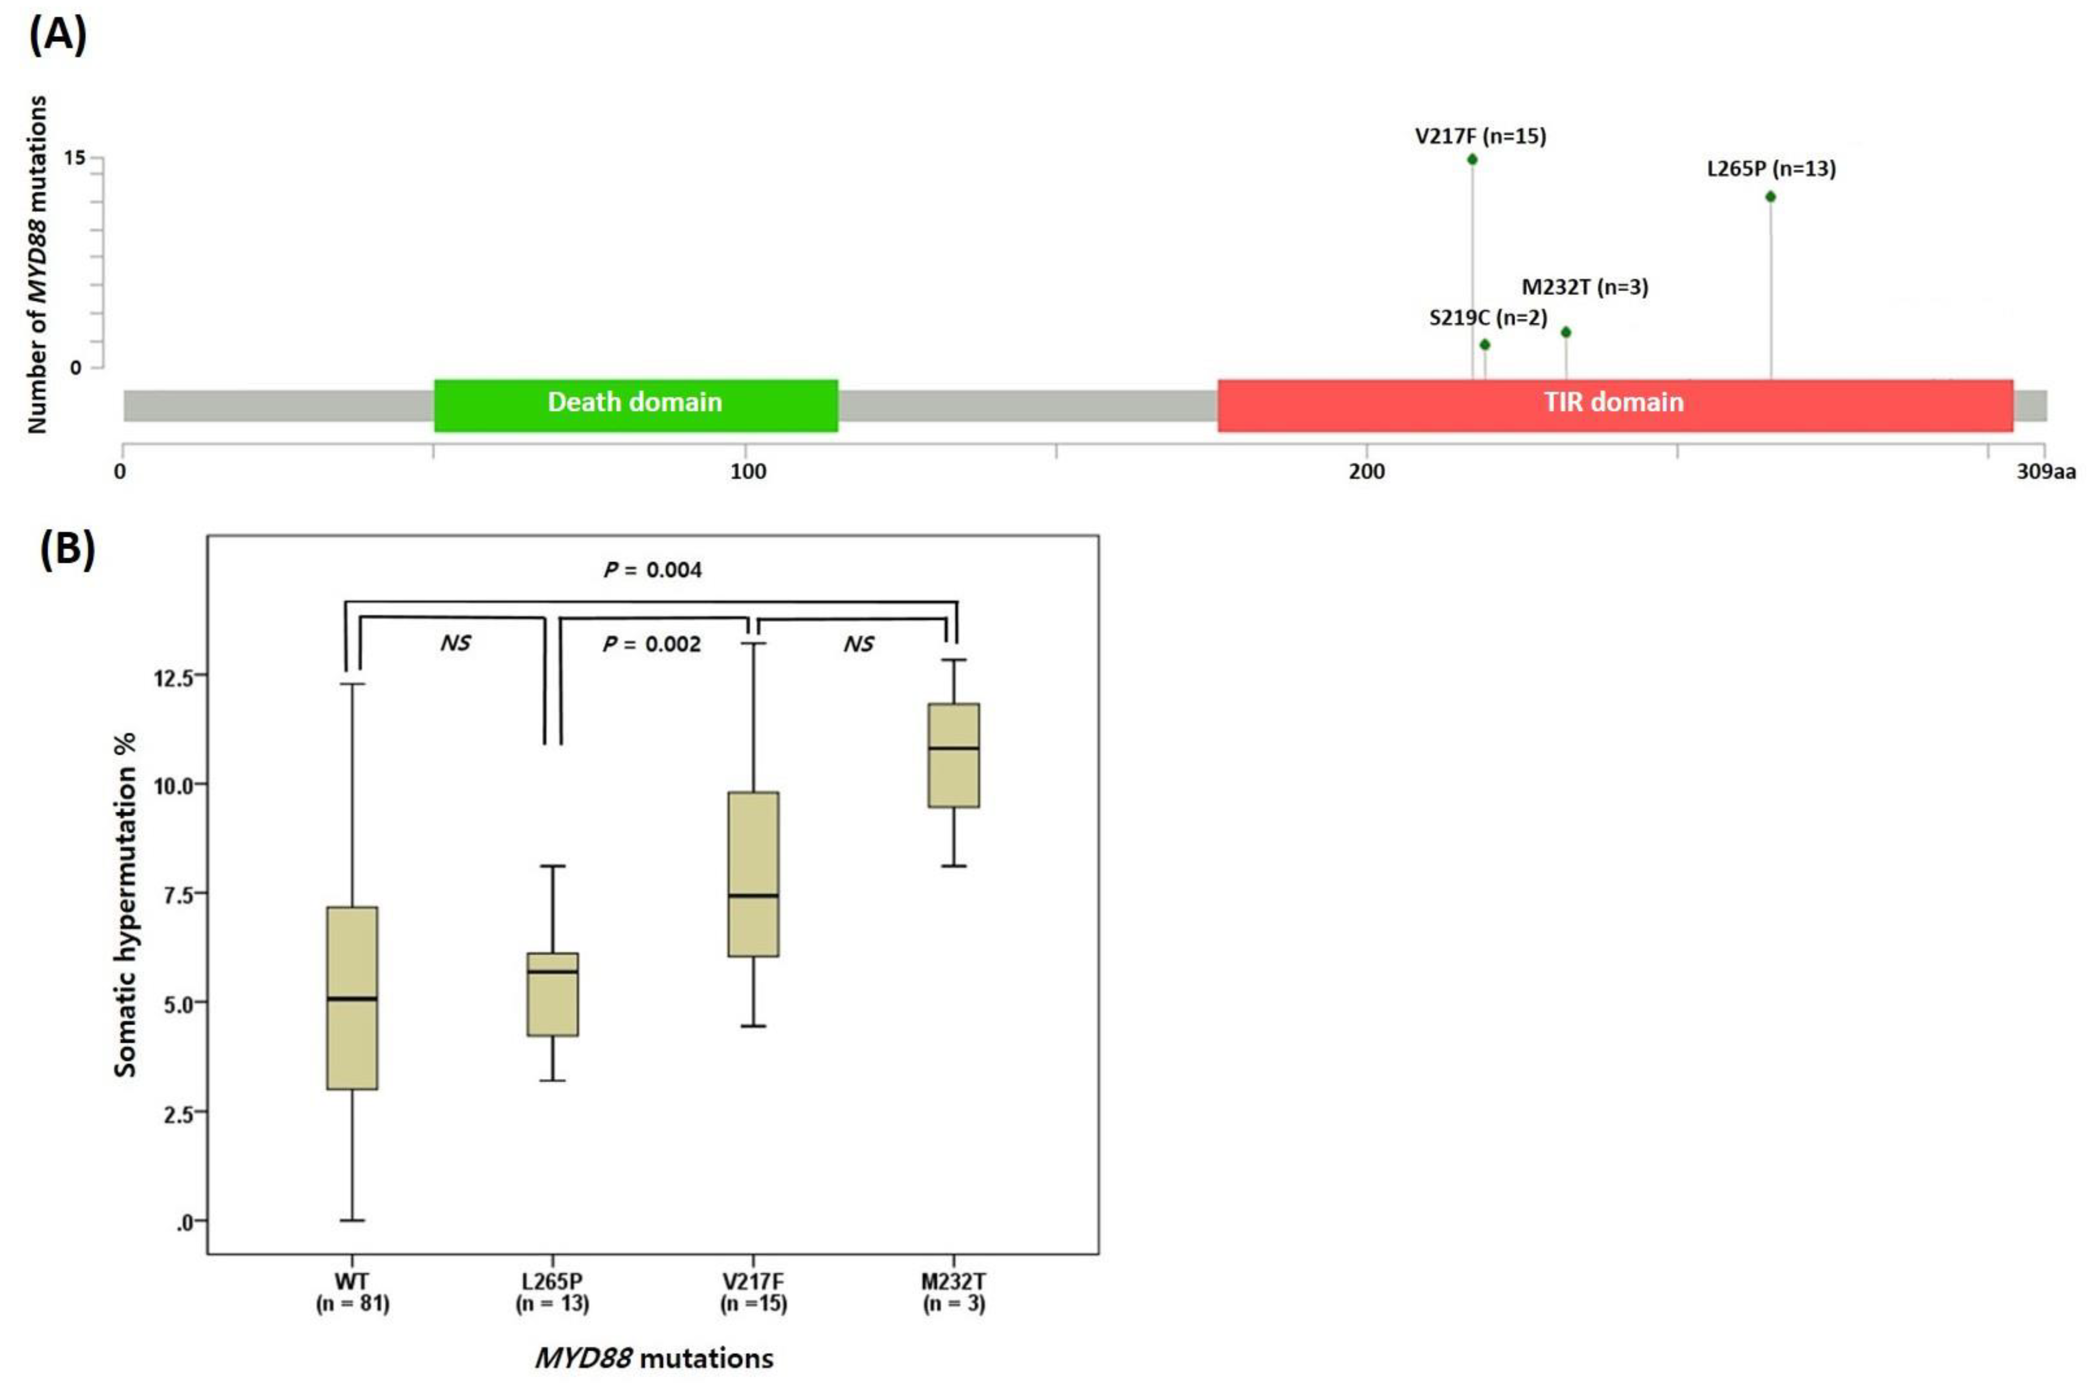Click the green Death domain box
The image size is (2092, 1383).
point(635,405)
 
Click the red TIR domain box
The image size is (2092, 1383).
point(1614,405)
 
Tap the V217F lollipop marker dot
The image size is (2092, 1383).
point(1472,159)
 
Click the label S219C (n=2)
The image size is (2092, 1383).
point(1488,317)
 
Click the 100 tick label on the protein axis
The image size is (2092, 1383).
point(748,472)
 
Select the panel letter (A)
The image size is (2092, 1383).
point(58,37)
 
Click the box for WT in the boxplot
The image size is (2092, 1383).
point(352,998)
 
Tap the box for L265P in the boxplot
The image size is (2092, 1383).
point(553,994)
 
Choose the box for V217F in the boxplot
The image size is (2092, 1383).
point(753,874)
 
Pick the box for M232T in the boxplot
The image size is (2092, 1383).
point(954,755)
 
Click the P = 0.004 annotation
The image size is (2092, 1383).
point(653,570)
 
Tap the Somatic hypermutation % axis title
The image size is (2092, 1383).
point(126,904)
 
